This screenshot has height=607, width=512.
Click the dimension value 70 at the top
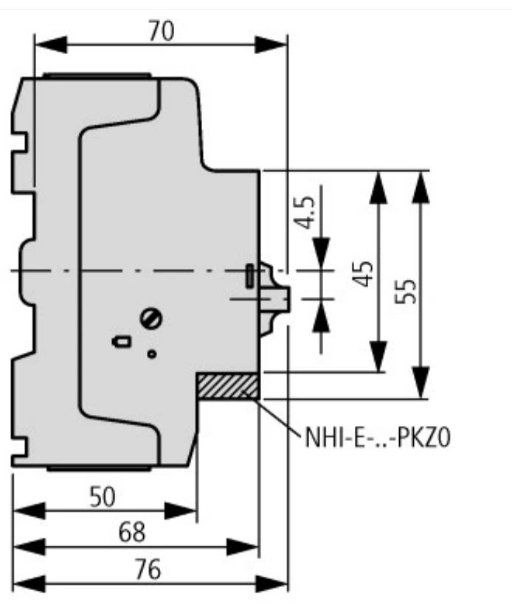pyautogui.click(x=162, y=31)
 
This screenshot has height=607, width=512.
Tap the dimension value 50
pyautogui.click(x=103, y=497)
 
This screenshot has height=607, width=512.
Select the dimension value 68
pyautogui.click(x=132, y=532)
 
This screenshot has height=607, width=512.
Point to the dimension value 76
pyautogui.click(x=148, y=569)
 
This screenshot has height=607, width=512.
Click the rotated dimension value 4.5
pyautogui.click(x=304, y=213)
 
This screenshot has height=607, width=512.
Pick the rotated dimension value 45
pyautogui.click(x=364, y=274)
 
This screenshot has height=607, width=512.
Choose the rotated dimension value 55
pyautogui.click(x=406, y=291)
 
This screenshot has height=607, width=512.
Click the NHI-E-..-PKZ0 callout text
pyautogui.click(x=378, y=438)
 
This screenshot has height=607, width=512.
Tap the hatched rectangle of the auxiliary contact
pyautogui.click(x=227, y=386)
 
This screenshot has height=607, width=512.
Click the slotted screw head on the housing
pyautogui.click(x=151, y=318)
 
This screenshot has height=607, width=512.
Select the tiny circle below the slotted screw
pyautogui.click(x=152, y=354)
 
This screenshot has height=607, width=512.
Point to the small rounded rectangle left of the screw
pyautogui.click(x=122, y=342)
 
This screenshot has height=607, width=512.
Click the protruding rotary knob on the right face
pyautogui.click(x=274, y=298)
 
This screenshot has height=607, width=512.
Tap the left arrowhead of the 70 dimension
pyautogui.click(x=51, y=44)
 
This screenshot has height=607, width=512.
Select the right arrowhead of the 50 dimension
pyautogui.click(x=181, y=510)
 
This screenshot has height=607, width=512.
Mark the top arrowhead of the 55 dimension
pyautogui.click(x=421, y=188)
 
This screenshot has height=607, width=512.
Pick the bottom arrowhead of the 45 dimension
pyautogui.click(x=378, y=356)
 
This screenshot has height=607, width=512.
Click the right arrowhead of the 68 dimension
pyautogui.click(x=242, y=547)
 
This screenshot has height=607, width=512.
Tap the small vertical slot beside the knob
pyautogui.click(x=250, y=275)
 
